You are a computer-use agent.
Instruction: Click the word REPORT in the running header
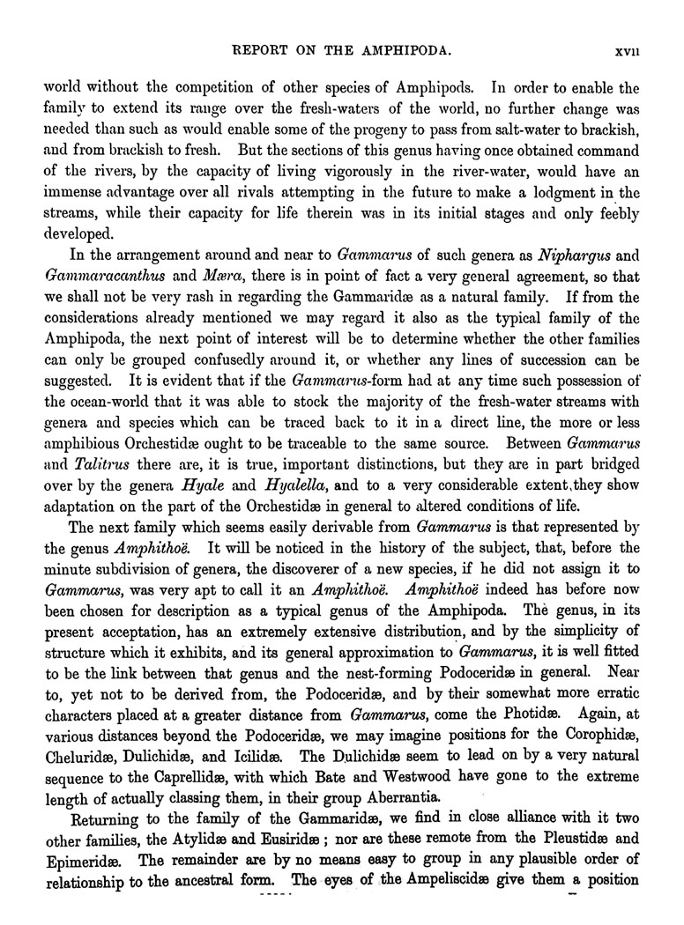click(261, 52)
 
